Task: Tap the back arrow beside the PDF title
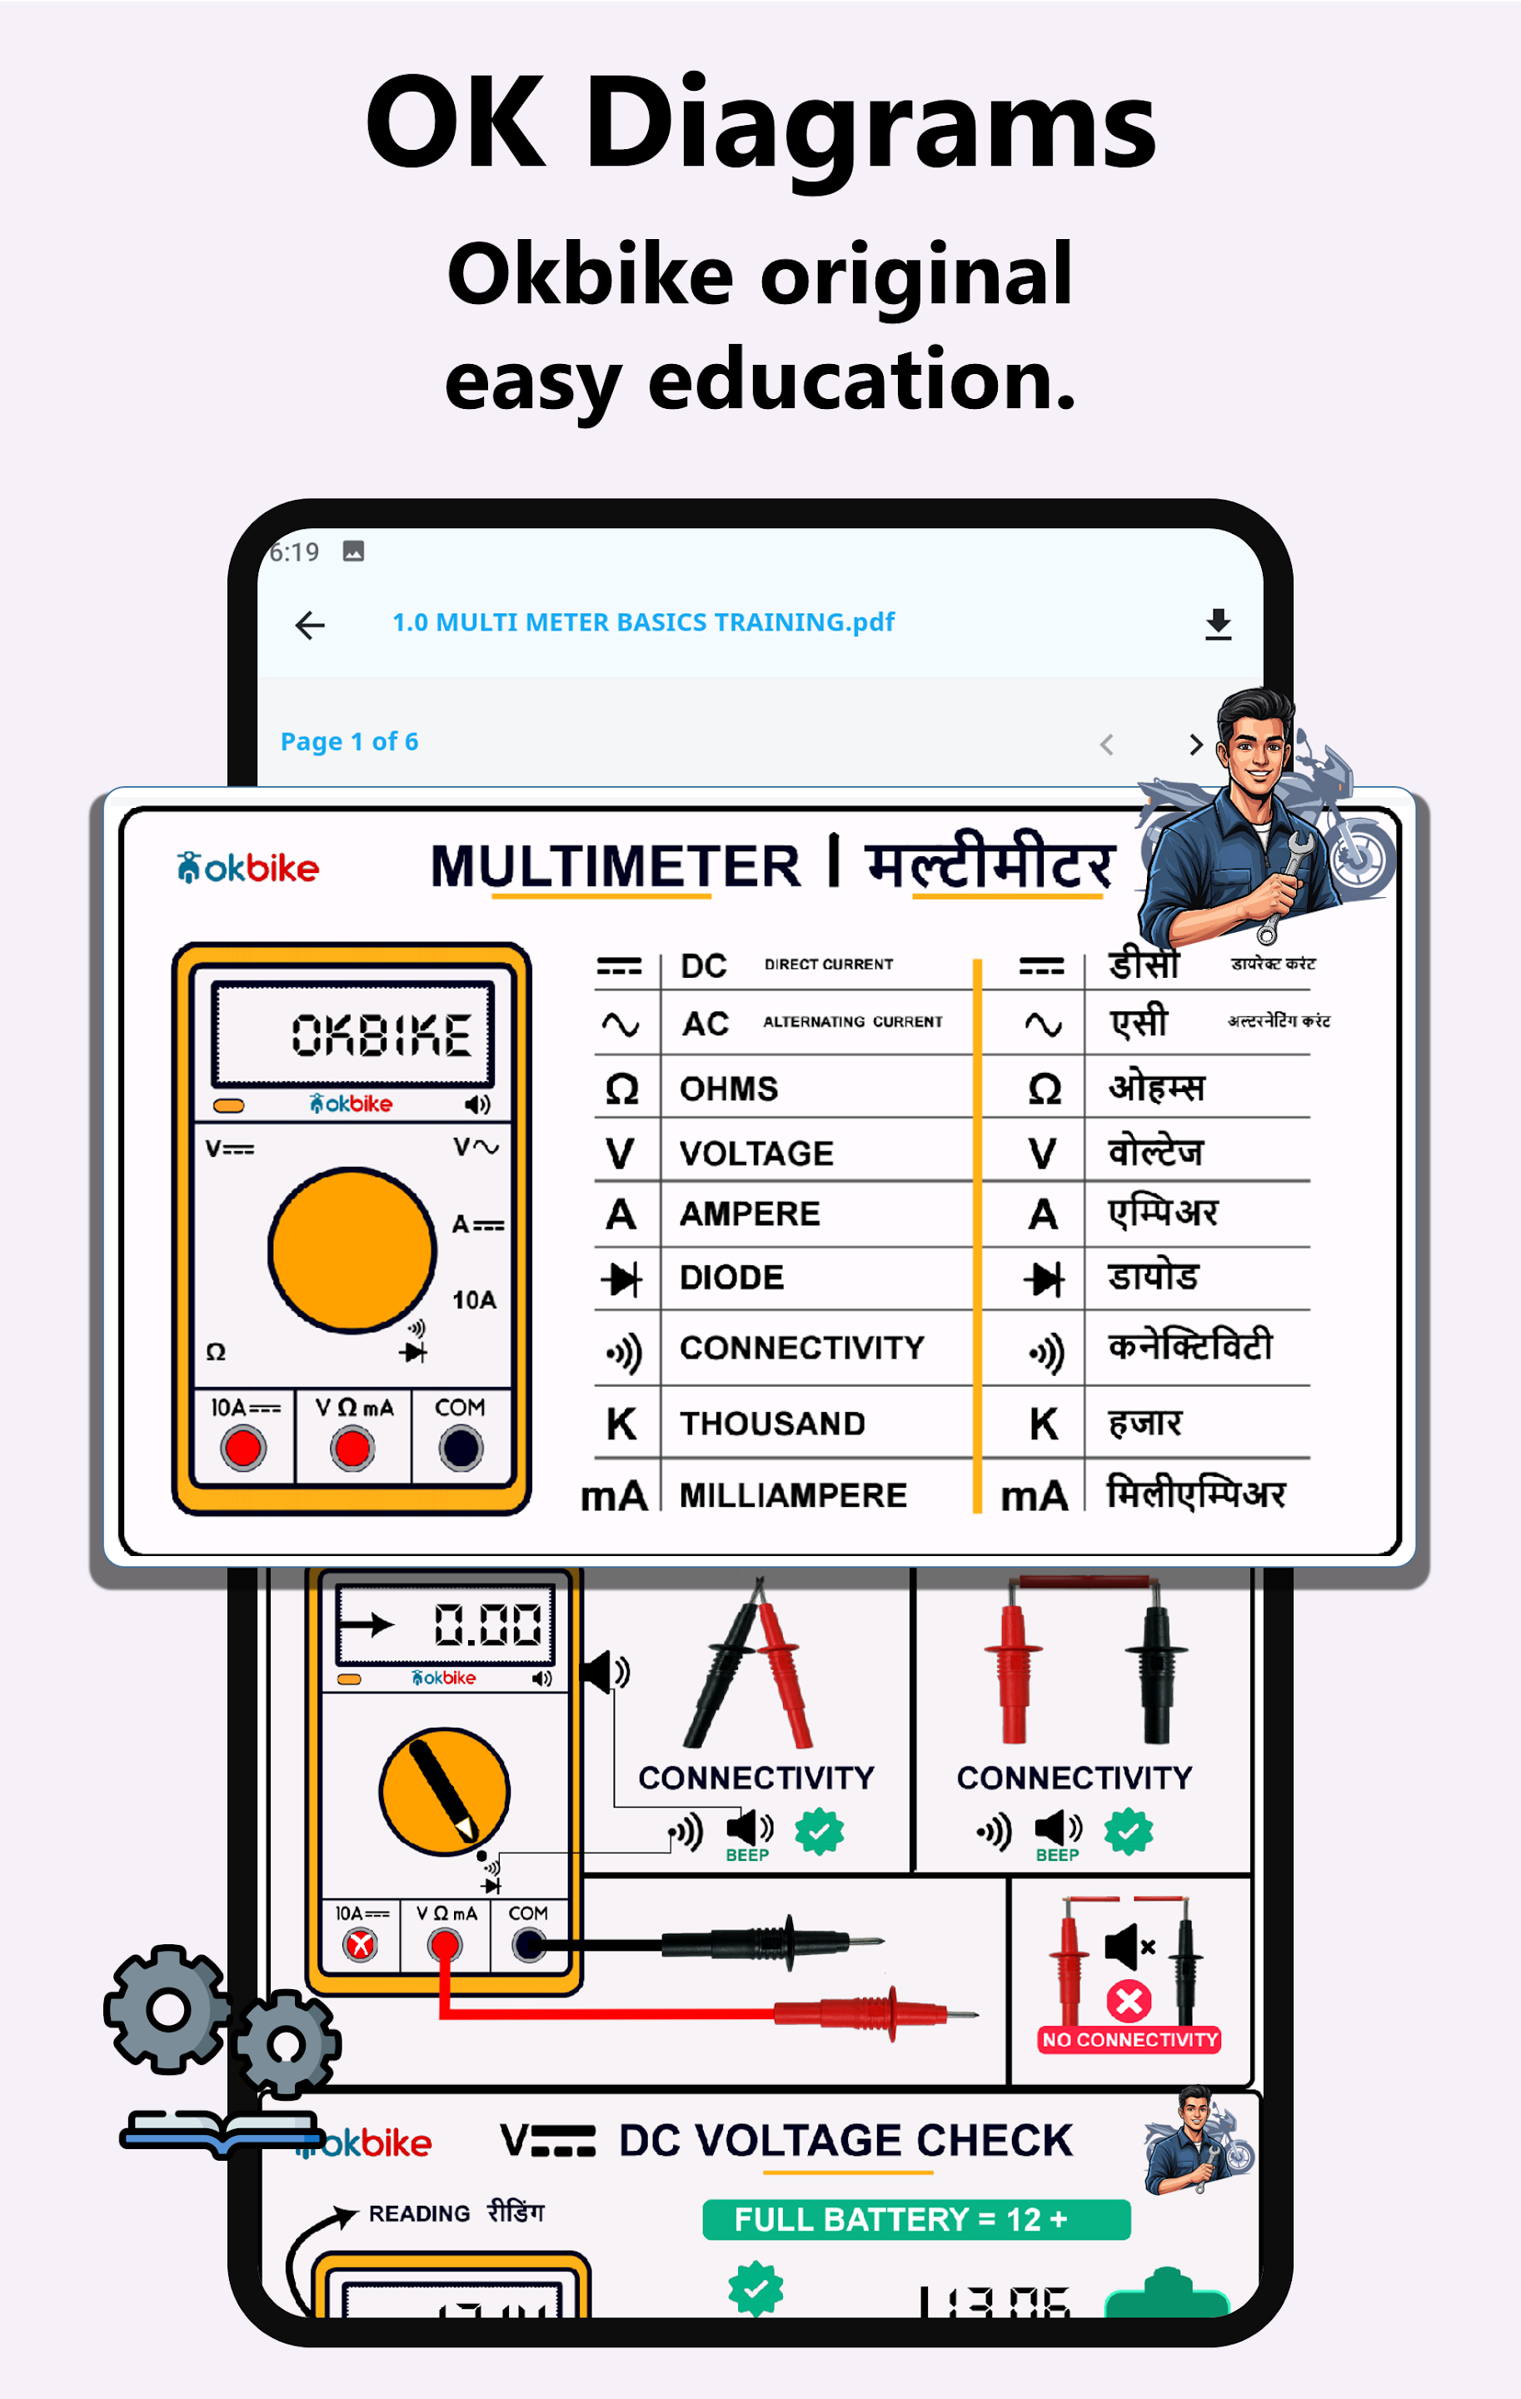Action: pos(310,625)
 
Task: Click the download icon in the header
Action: pos(1217,625)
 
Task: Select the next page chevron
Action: pos(1195,744)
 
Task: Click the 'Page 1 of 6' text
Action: pos(349,741)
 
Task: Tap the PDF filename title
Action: pos(642,623)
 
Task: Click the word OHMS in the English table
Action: pos(728,1089)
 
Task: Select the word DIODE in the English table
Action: pos(731,1277)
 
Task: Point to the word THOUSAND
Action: pos(772,1424)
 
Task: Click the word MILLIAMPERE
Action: pos(793,1495)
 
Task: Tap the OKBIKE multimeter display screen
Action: pos(354,1033)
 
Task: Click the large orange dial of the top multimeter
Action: pos(352,1249)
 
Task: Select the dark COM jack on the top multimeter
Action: pos(460,1448)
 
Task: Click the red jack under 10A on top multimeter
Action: pos(243,1448)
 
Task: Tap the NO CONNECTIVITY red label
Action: pos(1130,2039)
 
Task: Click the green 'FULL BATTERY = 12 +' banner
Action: pos(915,2220)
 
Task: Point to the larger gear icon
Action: pos(167,2009)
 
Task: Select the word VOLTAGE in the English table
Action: pos(756,1154)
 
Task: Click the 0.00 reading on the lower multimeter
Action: pos(487,1625)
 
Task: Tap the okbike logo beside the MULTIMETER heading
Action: pos(248,868)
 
